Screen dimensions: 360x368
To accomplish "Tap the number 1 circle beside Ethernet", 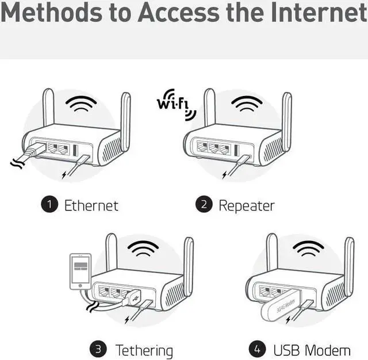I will pyautogui.click(x=49, y=205).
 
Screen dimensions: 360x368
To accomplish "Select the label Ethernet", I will pyautogui.click(x=91, y=205).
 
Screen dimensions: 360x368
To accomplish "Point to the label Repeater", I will pyautogui.click(x=247, y=205).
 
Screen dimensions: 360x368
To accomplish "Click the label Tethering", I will pyautogui.click(x=144, y=350).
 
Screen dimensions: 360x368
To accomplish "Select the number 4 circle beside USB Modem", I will pyautogui.click(x=257, y=349).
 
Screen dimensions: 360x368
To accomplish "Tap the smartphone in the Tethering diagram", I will pyautogui.click(x=80, y=271).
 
